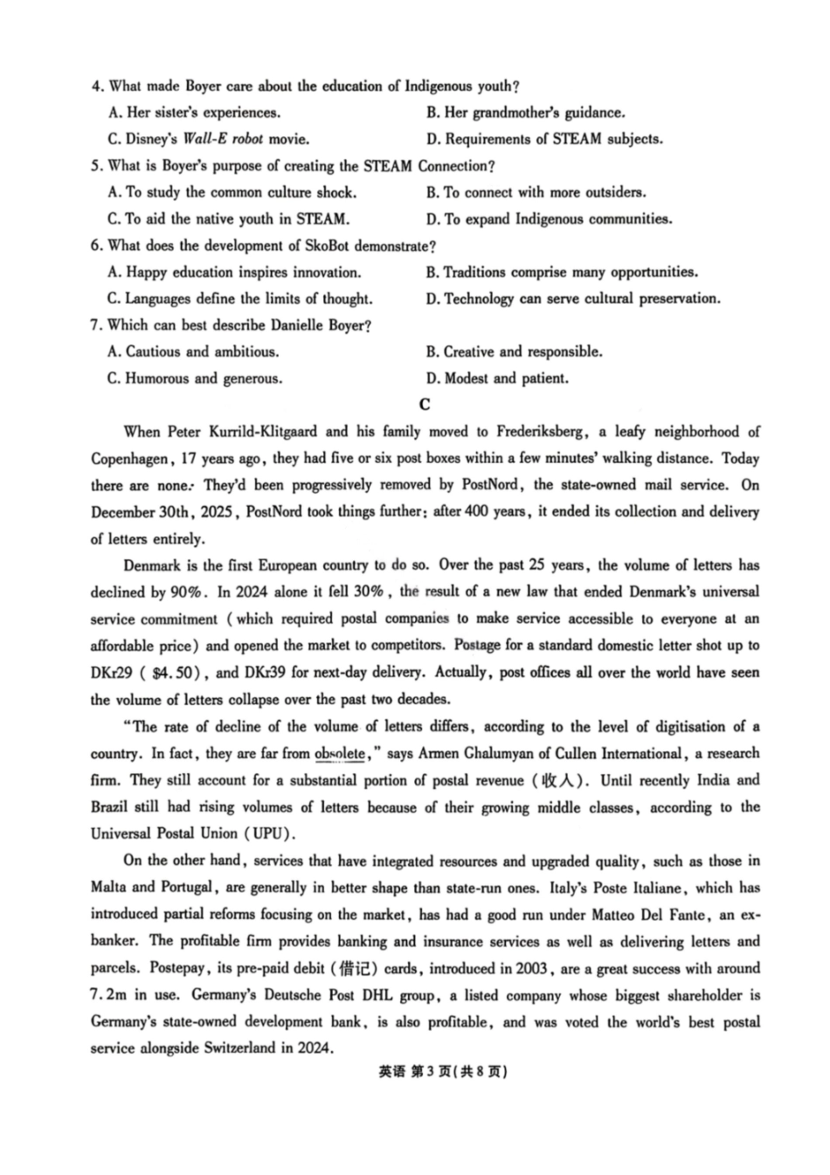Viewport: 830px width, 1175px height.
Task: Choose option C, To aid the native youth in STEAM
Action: click(229, 219)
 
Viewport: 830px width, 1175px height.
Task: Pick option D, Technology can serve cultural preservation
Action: click(573, 299)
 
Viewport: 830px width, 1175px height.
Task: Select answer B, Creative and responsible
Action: click(515, 352)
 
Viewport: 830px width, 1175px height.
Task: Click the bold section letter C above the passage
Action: click(425, 404)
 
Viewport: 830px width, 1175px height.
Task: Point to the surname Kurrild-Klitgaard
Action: click(254, 432)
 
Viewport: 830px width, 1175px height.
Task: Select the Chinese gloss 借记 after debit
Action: click(355, 969)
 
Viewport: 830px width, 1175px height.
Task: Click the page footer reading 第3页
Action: click(429, 1073)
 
